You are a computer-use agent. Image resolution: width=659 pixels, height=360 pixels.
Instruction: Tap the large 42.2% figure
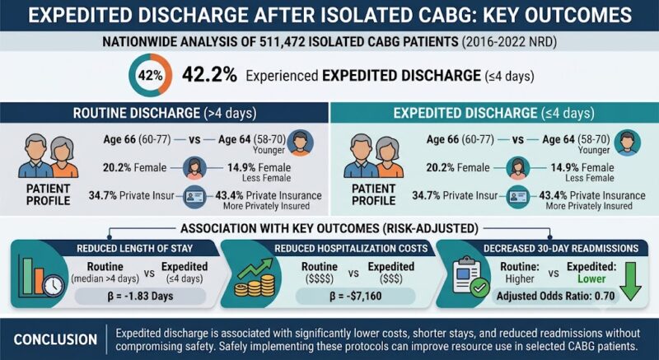pyautogui.click(x=209, y=76)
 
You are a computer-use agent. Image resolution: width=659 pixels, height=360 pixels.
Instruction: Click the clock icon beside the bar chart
pyautogui.click(x=54, y=286)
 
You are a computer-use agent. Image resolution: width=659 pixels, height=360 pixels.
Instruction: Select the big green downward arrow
pyautogui.click(x=631, y=281)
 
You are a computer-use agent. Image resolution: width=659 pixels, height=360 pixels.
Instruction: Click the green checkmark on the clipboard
pyautogui.click(x=479, y=288)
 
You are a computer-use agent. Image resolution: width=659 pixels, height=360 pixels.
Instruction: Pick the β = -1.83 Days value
pyautogui.click(x=140, y=296)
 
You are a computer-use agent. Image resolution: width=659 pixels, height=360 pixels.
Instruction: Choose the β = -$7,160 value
pyautogui.click(x=356, y=296)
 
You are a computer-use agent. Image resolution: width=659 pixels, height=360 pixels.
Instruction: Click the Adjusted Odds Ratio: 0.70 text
pyautogui.click(x=555, y=296)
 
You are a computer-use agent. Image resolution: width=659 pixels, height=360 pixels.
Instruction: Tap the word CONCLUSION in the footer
pyautogui.click(x=55, y=339)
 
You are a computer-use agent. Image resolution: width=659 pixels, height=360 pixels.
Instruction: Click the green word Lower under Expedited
pyautogui.click(x=591, y=278)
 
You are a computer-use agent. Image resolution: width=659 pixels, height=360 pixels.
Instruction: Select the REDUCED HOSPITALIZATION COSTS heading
pyautogui.click(x=351, y=248)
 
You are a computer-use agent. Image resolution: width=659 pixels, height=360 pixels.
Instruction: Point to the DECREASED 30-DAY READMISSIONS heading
pyautogui.click(x=561, y=248)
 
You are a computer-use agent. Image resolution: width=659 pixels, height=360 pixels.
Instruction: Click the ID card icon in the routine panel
pyautogui.click(x=194, y=196)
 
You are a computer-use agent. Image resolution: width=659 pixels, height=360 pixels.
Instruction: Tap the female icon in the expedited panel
pyautogui.click(x=517, y=168)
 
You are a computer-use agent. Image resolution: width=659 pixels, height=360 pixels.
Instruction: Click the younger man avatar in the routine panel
pyautogui.click(x=300, y=143)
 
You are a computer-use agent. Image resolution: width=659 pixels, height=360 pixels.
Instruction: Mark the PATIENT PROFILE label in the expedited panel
pyautogui.click(x=374, y=194)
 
